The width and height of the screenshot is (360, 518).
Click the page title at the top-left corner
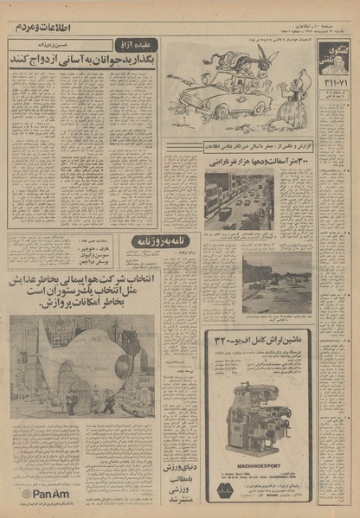coord(43,29)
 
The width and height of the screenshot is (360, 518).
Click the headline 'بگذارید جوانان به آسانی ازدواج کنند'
coord(82,60)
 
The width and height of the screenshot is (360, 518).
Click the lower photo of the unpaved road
coord(277,285)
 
